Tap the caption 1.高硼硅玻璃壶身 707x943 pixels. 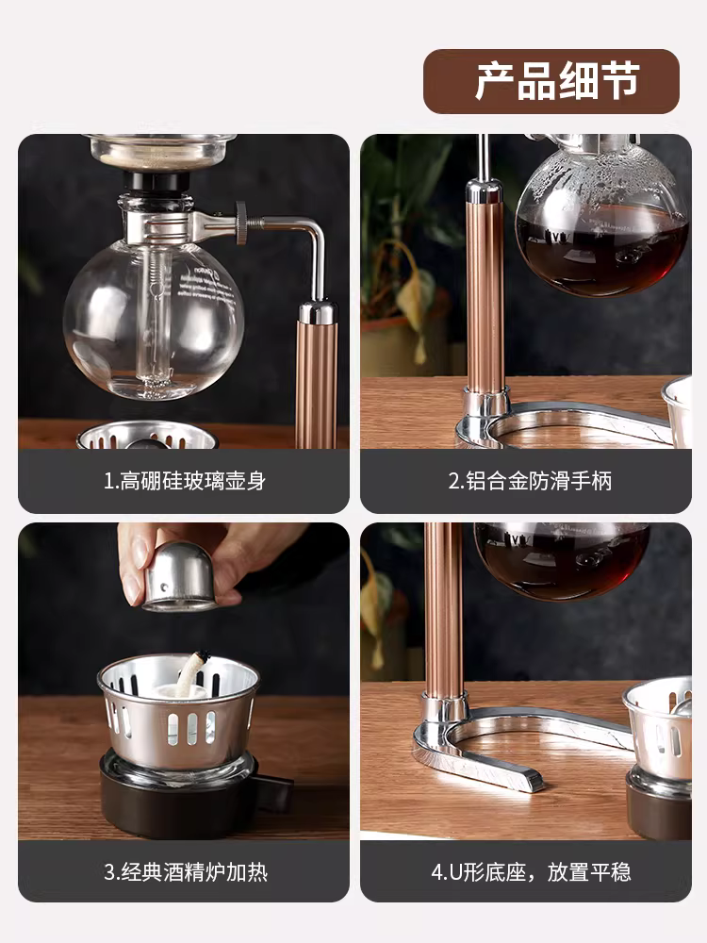185,481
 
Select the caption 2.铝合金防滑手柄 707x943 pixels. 530,481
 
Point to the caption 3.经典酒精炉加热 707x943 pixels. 185,871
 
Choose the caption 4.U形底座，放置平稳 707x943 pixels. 530,871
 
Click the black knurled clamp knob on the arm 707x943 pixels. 242,223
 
